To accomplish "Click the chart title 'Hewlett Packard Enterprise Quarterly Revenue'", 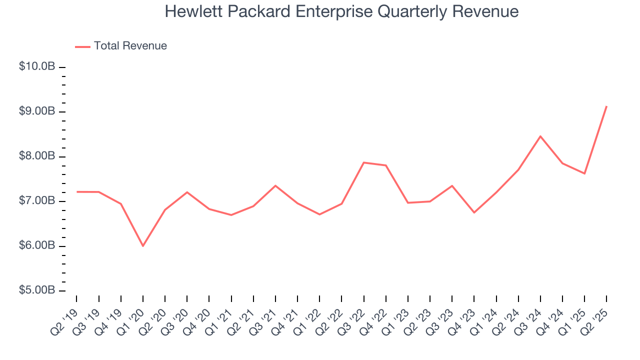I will tap(341, 11).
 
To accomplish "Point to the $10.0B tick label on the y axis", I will tap(37, 66).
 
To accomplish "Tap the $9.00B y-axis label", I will tap(37, 111).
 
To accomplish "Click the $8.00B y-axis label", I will tap(37, 156).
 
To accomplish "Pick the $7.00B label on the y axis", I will tap(37, 201).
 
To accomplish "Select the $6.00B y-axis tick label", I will tap(37, 246).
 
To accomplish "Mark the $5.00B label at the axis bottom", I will tap(37, 290).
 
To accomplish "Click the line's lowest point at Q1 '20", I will tap(143, 246).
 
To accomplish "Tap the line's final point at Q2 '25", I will tap(606, 106).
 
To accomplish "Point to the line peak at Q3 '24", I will tap(540, 136).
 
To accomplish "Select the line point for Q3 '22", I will tap(363, 162).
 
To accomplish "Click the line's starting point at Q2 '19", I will tap(76, 191).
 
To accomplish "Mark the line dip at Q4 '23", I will tap(474, 212).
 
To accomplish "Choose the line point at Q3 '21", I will tap(275, 185).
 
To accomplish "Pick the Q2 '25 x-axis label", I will tap(595, 317).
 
